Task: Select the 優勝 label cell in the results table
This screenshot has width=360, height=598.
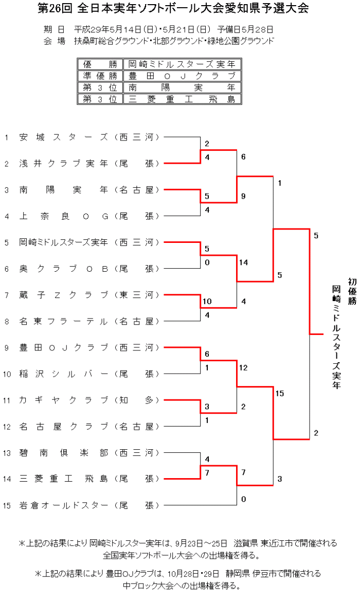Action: click(x=100, y=64)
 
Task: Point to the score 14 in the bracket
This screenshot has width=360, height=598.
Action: click(x=244, y=262)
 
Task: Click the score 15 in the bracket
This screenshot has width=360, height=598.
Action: click(x=280, y=394)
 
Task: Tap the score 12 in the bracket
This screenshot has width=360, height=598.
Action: click(x=244, y=367)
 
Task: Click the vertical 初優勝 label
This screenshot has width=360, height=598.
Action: click(x=352, y=291)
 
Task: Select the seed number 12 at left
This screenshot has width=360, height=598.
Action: click(x=6, y=427)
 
